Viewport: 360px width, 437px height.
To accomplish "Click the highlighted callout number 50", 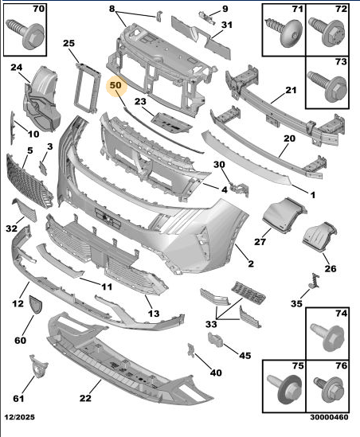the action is click(115, 85).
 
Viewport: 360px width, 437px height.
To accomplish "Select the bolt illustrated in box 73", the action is click(327, 86).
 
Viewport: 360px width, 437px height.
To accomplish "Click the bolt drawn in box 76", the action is click(329, 389).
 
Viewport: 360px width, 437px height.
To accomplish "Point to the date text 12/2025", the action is click(20, 417).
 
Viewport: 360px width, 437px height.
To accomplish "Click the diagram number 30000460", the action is click(329, 417).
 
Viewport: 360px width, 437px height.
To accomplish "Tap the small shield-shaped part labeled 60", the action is click(36, 305).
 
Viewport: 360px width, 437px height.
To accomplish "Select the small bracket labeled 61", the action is click(38, 366).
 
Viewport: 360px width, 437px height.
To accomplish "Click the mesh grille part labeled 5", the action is click(29, 181).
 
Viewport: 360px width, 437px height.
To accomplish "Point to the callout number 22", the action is click(85, 398).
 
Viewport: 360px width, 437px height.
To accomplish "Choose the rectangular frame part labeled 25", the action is click(88, 88).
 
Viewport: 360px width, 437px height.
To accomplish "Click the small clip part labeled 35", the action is click(315, 280).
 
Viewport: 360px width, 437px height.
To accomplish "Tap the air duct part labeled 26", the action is click(320, 237).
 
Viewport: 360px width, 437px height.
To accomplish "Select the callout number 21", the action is click(291, 90).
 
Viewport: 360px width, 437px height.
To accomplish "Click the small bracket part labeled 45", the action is click(215, 340).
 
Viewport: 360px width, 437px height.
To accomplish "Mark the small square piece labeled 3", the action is click(43, 168).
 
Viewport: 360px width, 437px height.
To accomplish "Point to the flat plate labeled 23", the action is click(171, 123).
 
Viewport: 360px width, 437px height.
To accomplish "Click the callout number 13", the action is click(154, 314).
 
